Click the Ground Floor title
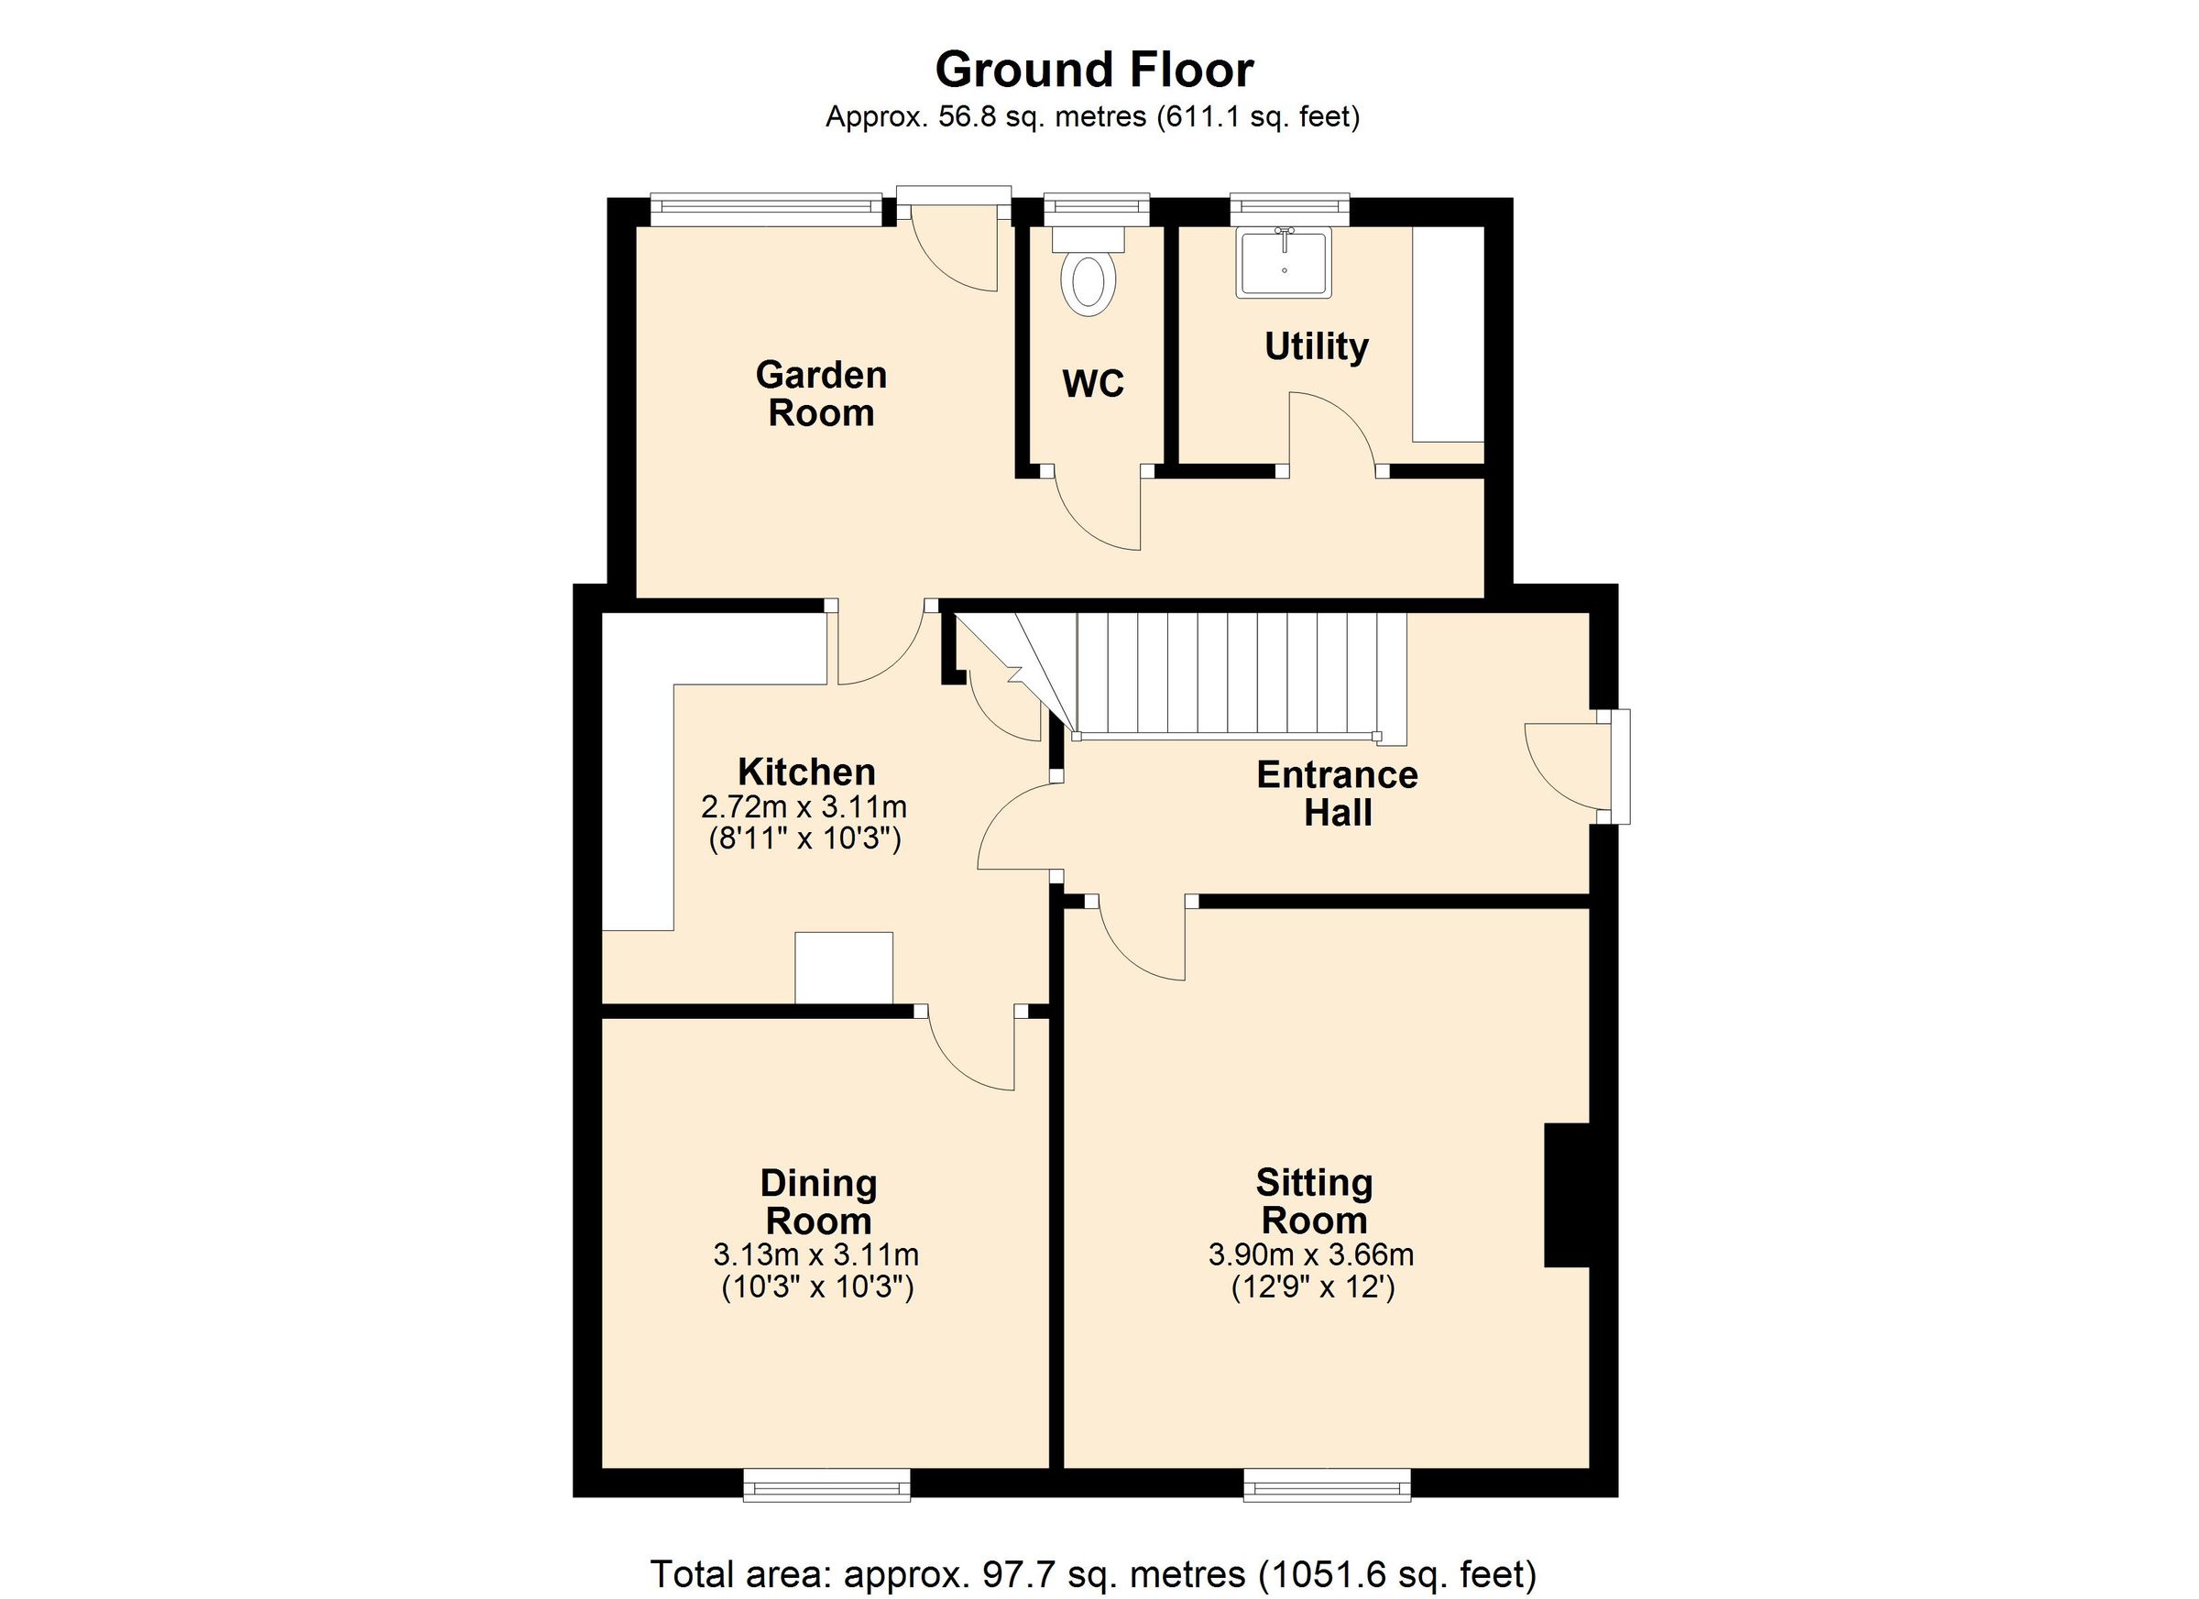coord(1094,70)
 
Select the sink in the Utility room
coord(1284,263)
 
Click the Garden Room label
coord(821,394)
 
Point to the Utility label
coord(1316,346)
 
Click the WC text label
coord(1093,384)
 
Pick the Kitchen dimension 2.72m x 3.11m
coord(804,806)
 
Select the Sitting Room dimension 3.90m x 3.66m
coord(1311,1254)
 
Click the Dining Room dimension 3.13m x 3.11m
coord(816,1254)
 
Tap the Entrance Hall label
coord(1337,794)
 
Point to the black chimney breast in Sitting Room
coord(1567,1196)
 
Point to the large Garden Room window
coord(766,209)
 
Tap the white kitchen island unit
coord(844,967)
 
